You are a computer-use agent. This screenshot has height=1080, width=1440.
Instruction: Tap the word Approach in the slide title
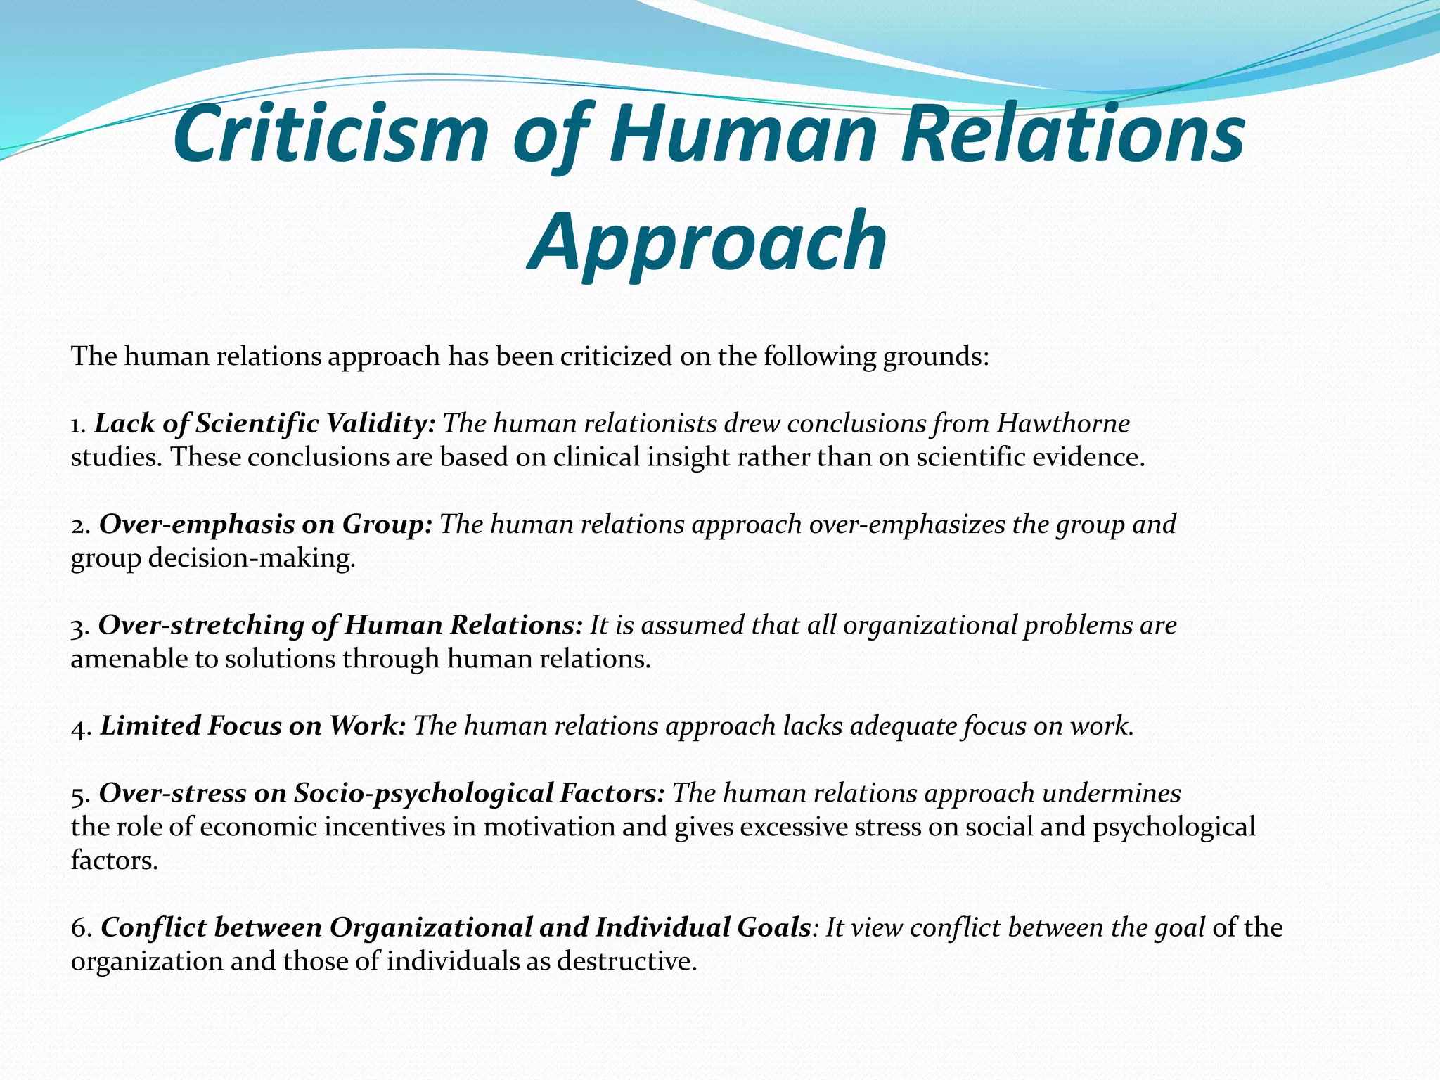pos(707,240)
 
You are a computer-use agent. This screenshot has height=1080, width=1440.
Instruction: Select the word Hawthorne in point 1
pos(1063,423)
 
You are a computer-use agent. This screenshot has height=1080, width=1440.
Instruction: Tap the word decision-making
pos(252,558)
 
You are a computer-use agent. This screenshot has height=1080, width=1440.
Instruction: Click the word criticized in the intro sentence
pos(616,356)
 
